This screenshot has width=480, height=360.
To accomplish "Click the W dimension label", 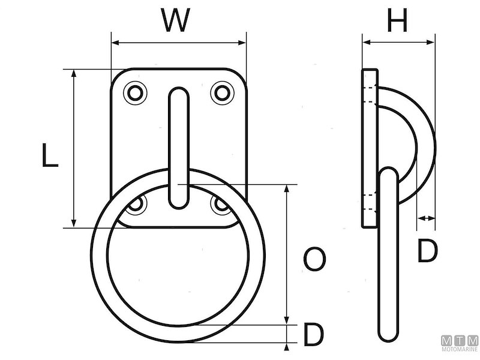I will pyautogui.click(x=178, y=22).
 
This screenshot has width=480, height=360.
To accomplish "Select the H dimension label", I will pyautogui.click(x=397, y=22).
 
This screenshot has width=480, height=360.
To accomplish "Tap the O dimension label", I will pyautogui.click(x=314, y=259).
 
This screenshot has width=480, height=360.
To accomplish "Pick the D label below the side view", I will pyautogui.click(x=427, y=251).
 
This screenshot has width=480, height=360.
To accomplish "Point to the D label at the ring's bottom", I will pyautogui.click(x=313, y=335).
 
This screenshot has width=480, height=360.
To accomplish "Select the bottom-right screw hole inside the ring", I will pyautogui.click(x=221, y=205).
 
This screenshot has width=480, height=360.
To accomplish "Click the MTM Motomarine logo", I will pyautogui.click(x=459, y=344).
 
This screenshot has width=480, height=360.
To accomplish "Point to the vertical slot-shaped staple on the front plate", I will pyautogui.click(x=178, y=147).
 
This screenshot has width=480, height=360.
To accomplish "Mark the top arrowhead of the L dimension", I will pyautogui.click(x=74, y=73).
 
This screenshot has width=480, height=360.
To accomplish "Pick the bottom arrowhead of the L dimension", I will pyautogui.click(x=74, y=223).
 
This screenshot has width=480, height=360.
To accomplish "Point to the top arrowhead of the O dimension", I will pyautogui.click(x=287, y=188).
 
